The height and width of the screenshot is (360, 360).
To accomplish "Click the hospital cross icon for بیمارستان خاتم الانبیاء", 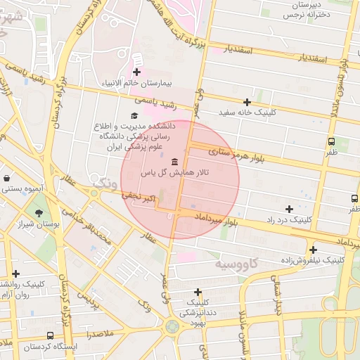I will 136,72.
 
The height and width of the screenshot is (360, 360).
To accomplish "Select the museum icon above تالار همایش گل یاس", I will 174,162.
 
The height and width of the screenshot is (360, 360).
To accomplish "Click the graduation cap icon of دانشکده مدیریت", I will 134,115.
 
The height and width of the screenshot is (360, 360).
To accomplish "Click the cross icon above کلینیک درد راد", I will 289,209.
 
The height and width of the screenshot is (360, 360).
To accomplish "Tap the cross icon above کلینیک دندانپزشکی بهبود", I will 198,292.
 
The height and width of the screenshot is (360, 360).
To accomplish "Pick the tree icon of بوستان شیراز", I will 39,212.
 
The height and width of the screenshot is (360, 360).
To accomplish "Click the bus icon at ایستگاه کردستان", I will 50,336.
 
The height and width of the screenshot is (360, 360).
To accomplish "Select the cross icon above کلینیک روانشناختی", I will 15,274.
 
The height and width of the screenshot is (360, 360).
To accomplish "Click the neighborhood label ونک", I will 106,184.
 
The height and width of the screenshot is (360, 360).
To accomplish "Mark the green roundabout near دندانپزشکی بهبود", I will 172,326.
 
